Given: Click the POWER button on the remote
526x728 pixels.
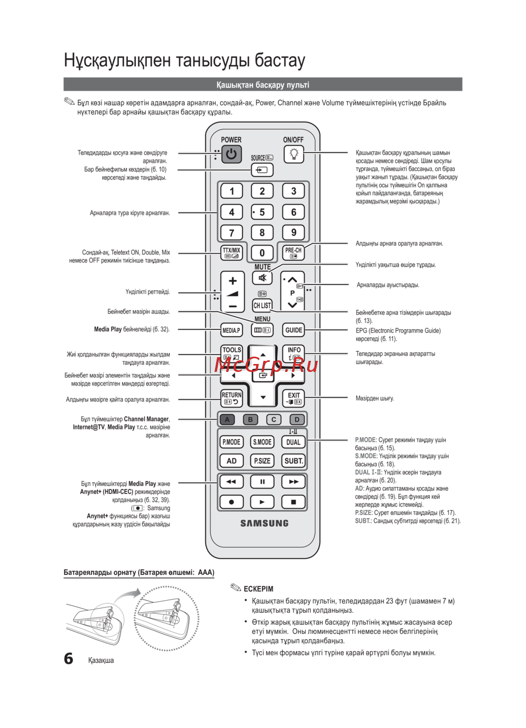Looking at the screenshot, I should pos(231,154).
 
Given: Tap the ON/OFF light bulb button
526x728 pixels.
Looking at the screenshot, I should pos(294,154).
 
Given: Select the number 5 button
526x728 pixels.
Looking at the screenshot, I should pos(262,212).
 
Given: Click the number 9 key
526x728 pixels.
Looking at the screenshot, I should pos(294,232).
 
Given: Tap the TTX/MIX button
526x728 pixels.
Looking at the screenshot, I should pos(231,253).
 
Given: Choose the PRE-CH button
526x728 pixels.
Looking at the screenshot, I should pos(294,253).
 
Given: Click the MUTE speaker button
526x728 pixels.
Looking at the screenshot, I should pos(262,278).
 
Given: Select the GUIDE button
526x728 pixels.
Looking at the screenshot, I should pos(294,330).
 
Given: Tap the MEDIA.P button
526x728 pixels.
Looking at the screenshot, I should pos(231,330).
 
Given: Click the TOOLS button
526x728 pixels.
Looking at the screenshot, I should pos(231,353).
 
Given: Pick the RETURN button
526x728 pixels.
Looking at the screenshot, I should pos(231,398).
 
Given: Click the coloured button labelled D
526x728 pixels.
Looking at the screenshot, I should pos(297,419).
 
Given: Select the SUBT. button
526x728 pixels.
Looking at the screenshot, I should pos(294,461).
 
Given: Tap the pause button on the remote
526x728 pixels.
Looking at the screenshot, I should pos(262,481).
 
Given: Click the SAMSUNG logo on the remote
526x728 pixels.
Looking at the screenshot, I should pos(265,523).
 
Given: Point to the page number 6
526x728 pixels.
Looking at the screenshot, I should pos(68,659).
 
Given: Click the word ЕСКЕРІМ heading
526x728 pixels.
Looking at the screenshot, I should pos(258,589).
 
